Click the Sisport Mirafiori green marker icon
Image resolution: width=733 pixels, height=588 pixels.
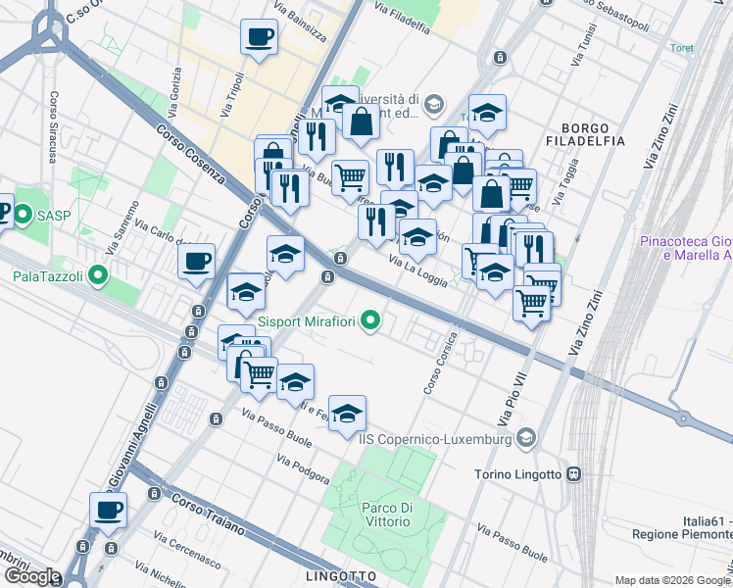tap(370, 320)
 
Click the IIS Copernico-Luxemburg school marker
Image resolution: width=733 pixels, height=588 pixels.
tap(527, 439)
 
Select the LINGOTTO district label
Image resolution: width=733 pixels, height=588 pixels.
tap(341, 575)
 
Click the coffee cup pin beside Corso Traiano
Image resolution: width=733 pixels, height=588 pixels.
tap(109, 510)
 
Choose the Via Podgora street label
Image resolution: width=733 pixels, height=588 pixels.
tap(303, 469)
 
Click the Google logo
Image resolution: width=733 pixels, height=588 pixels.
tap(31, 576)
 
